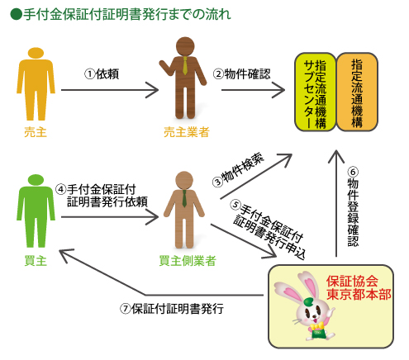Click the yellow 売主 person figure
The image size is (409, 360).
[x=36, y=84]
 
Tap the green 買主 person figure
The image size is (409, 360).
[x=36, y=211]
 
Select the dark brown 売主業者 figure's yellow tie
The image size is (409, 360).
[x=185, y=65]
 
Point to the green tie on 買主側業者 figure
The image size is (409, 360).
[x=184, y=198]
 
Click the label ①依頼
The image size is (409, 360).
[x=102, y=74]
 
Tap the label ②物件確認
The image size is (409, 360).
[x=241, y=73]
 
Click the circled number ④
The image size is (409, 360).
[x=61, y=190]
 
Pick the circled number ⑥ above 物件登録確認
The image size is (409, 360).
[x=353, y=172]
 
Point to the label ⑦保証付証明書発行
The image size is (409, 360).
[x=172, y=309]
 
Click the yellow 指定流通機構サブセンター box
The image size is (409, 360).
[x=316, y=92]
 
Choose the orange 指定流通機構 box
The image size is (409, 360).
[x=357, y=92]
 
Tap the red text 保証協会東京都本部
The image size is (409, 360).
[x=359, y=287]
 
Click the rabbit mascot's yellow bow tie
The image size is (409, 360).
[x=317, y=327]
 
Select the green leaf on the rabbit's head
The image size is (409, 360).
[x=309, y=301]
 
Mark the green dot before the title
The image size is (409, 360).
[x=16, y=14]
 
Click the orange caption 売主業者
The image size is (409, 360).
[x=187, y=132]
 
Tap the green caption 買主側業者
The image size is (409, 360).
[x=188, y=261]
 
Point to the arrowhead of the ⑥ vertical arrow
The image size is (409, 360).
[x=336, y=151]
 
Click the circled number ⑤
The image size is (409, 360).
[x=235, y=205]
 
